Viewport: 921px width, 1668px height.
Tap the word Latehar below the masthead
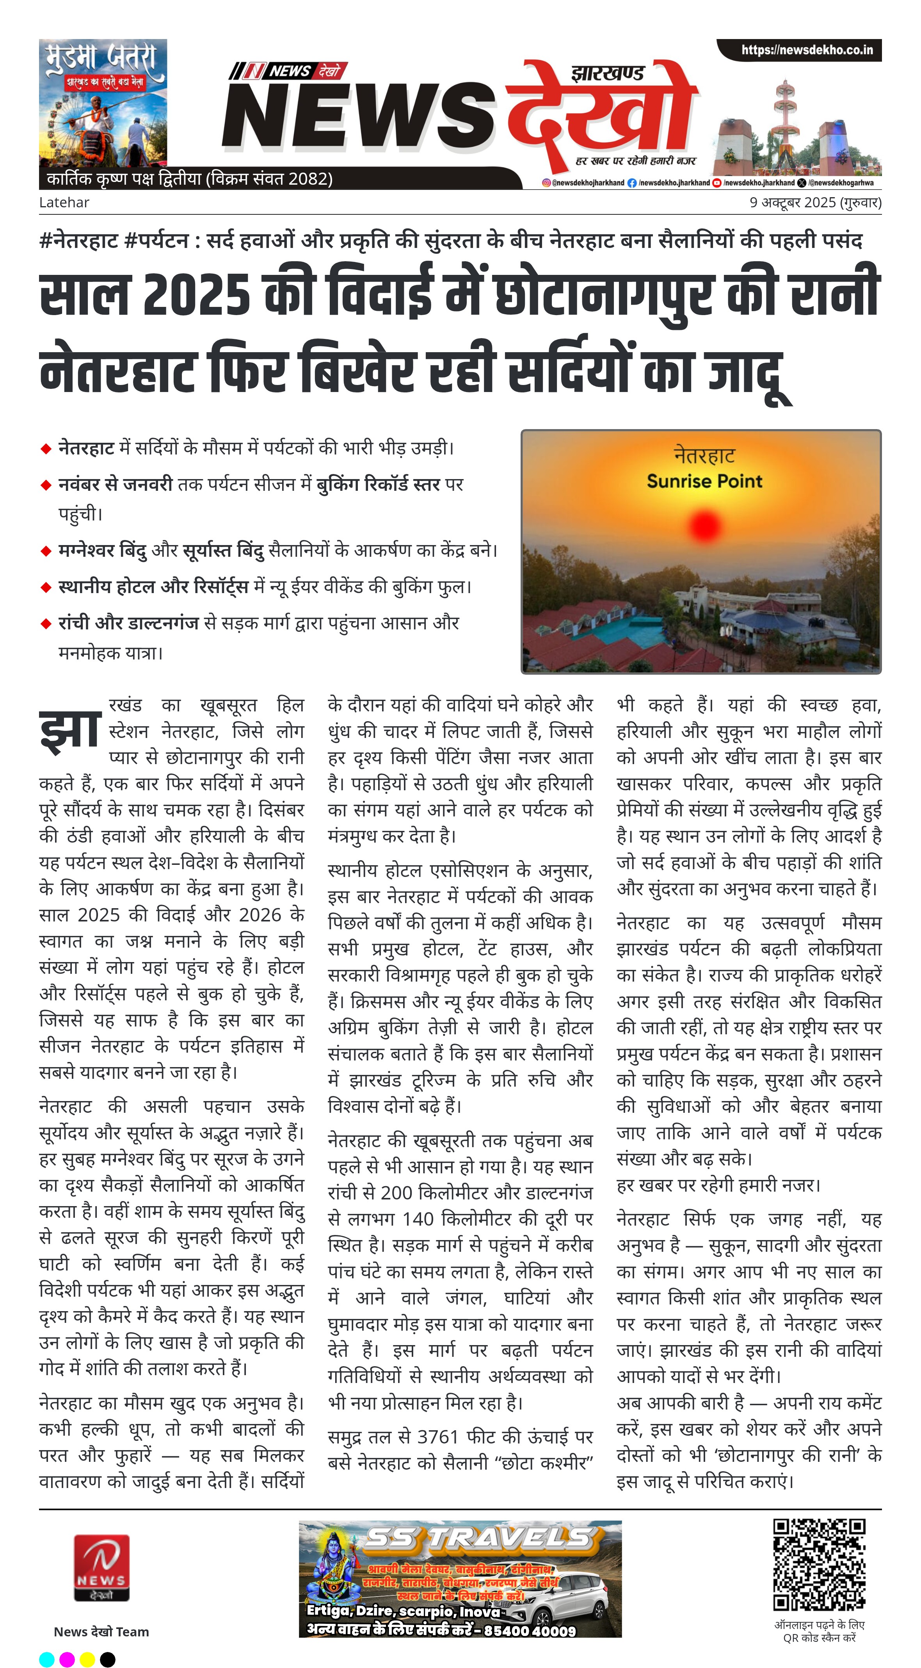[64, 203]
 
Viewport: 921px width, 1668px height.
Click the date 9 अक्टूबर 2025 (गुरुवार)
[815, 203]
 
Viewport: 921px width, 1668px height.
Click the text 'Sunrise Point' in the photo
[704, 481]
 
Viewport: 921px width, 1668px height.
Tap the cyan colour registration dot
[46, 1659]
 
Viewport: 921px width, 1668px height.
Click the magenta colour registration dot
[67, 1659]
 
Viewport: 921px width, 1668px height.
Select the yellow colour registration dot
[87, 1659]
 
